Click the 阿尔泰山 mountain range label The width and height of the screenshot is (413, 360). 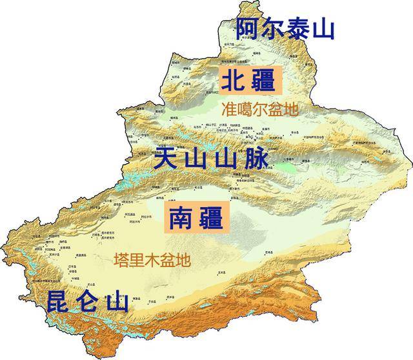click(285, 28)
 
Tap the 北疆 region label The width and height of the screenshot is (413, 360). click(251, 81)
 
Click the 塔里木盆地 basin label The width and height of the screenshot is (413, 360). click(152, 261)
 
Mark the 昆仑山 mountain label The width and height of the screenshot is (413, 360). click(88, 302)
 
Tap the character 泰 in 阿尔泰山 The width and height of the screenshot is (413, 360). click(298, 28)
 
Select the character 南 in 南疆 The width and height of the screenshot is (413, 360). click(180, 218)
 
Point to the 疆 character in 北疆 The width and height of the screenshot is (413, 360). click(267, 81)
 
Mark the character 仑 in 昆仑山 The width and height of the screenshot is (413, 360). click(89, 302)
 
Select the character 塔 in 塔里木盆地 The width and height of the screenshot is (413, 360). click(120, 261)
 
